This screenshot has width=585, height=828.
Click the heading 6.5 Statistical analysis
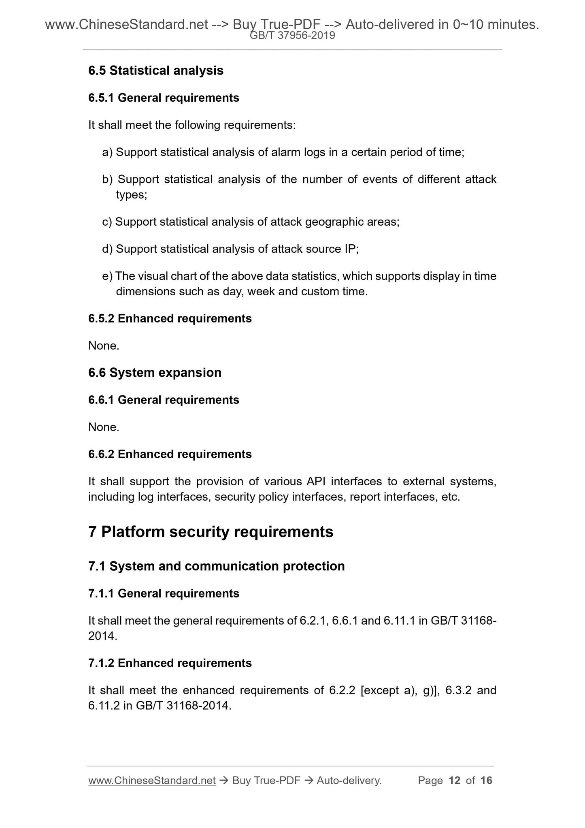click(x=155, y=70)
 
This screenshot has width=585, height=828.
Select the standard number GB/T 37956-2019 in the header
click(x=292, y=36)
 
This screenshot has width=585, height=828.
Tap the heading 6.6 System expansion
click(x=155, y=372)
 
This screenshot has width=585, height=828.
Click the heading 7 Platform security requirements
click(x=211, y=531)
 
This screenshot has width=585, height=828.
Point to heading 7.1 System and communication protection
click(x=216, y=566)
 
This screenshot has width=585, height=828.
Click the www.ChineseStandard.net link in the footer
click(x=151, y=780)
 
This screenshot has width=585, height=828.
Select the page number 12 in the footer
click(x=455, y=780)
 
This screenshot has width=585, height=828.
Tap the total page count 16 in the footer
click(x=486, y=780)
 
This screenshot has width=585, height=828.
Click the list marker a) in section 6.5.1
click(x=107, y=152)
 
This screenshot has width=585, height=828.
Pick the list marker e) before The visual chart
click(x=107, y=276)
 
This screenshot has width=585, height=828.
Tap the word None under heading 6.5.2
click(x=103, y=346)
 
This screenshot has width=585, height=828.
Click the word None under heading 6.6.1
click(x=103, y=427)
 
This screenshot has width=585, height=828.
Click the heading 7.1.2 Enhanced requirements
click(x=170, y=663)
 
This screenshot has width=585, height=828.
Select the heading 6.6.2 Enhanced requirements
click(x=170, y=454)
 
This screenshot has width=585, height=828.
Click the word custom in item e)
click(x=317, y=292)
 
